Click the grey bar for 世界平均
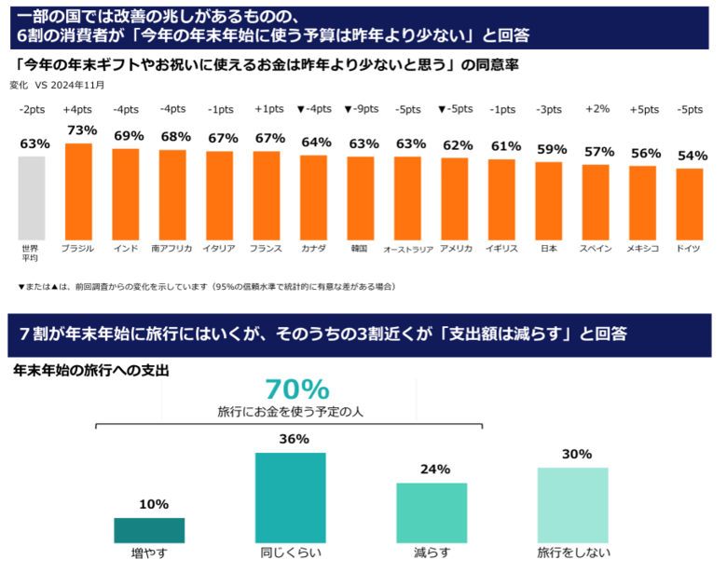tap(32, 198)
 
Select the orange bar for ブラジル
tap(78, 191)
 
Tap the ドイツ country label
tap(690, 249)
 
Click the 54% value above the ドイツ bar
tap(692, 156)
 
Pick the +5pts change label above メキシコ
tap(643, 109)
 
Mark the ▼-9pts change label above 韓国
tap(361, 109)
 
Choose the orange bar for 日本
tap(549, 200)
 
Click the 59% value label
tap(551, 149)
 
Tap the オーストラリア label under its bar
tap(408, 250)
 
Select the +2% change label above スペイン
tap(597, 109)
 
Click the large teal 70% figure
tap(297, 389)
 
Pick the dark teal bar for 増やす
tap(149, 530)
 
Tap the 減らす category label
tap(432, 553)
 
